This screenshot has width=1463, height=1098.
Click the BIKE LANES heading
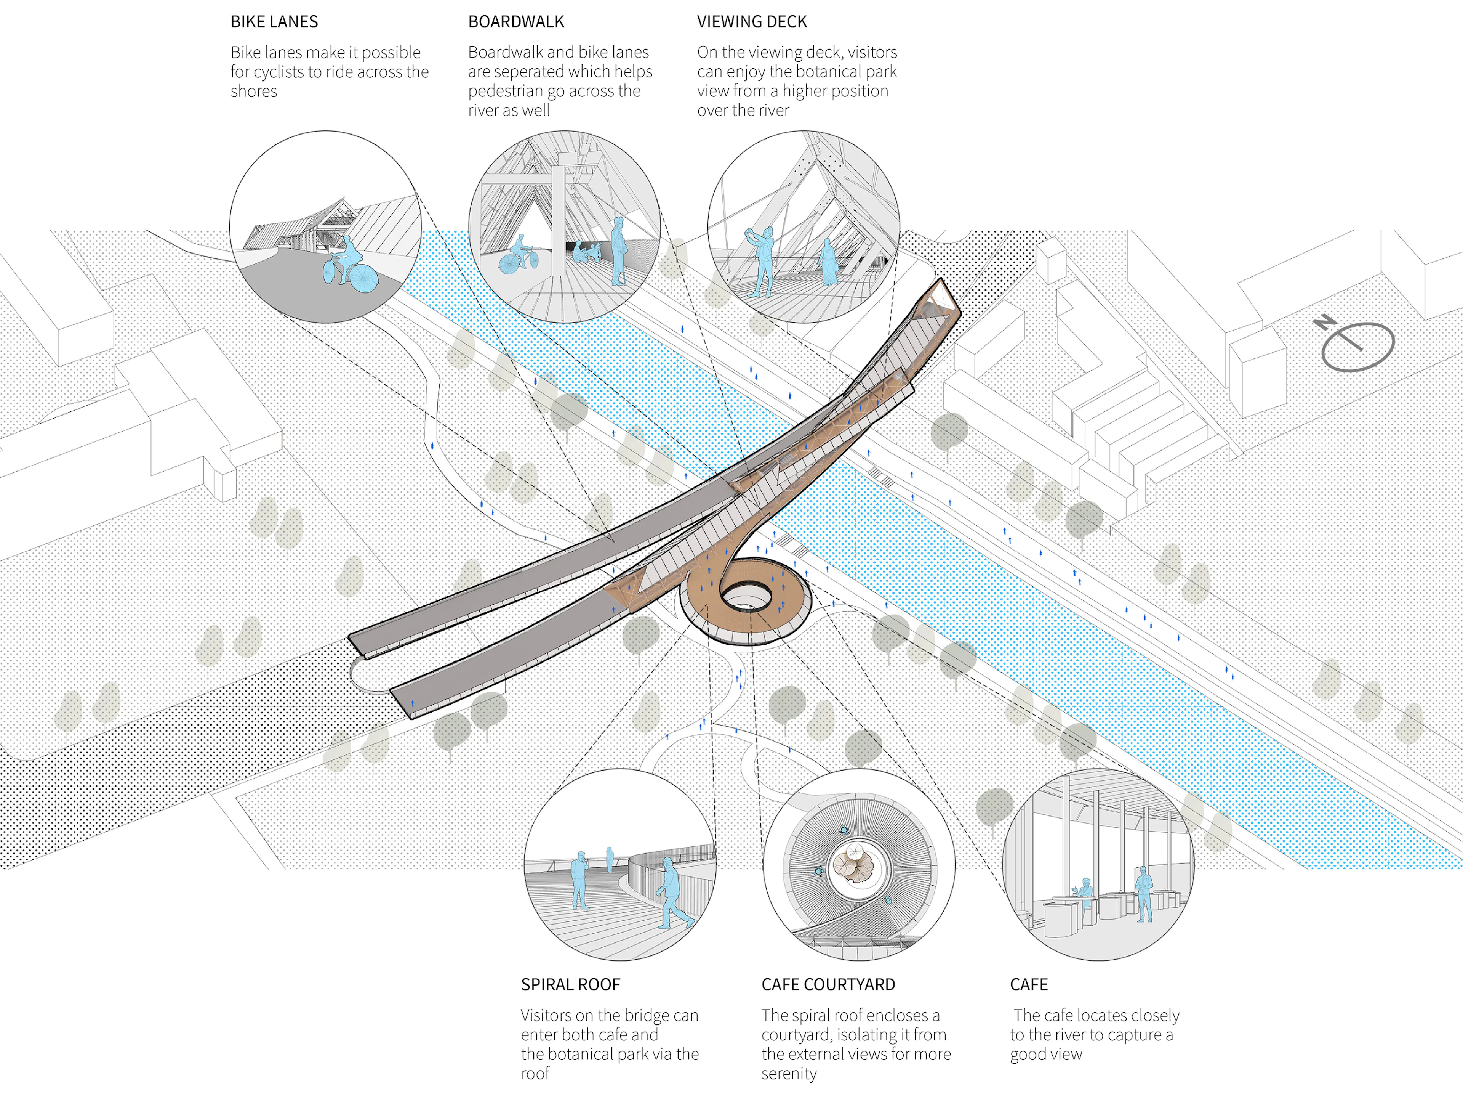274,22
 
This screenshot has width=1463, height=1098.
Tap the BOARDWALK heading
516,22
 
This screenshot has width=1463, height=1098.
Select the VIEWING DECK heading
752,22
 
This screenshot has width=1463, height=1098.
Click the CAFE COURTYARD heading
828,985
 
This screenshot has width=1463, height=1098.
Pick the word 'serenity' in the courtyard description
789,1074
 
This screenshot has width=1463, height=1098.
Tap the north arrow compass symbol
1356,344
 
